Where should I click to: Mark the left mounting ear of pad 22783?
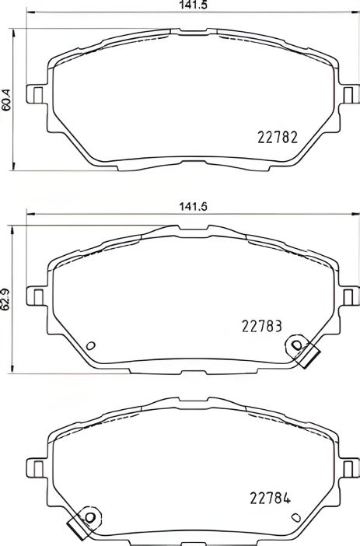coord(35,296)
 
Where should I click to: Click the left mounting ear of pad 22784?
coord(35,467)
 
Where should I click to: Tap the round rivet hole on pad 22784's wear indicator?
coord(89,518)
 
